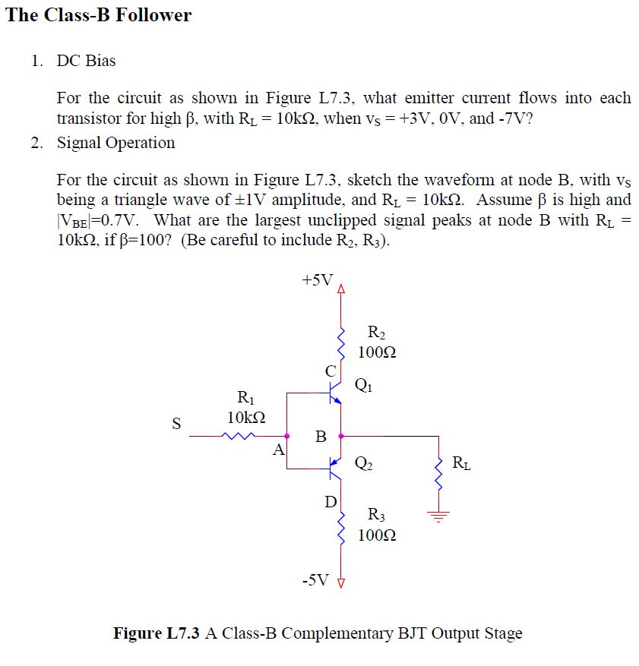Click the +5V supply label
pyautogui.click(x=317, y=279)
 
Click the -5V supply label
pyautogui.click(x=315, y=581)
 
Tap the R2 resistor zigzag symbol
pyautogui.click(x=341, y=344)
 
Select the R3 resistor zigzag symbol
pyautogui.click(x=341, y=525)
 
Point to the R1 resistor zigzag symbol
pyautogui.click(x=239, y=436)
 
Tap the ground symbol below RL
pyautogui.click(x=438, y=517)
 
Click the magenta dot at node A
pyautogui.click(x=287, y=436)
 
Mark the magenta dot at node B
pyautogui.click(x=341, y=436)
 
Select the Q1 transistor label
pyautogui.click(x=364, y=384)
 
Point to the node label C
pyautogui.click(x=329, y=371)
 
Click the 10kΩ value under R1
pyautogui.click(x=246, y=417)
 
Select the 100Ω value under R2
pyautogui.click(x=377, y=353)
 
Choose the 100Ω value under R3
pyautogui.click(x=377, y=535)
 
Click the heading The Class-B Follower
pyautogui.click(x=99, y=15)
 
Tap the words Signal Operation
pyautogui.click(x=115, y=143)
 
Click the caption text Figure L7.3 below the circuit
pyautogui.click(x=157, y=633)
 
